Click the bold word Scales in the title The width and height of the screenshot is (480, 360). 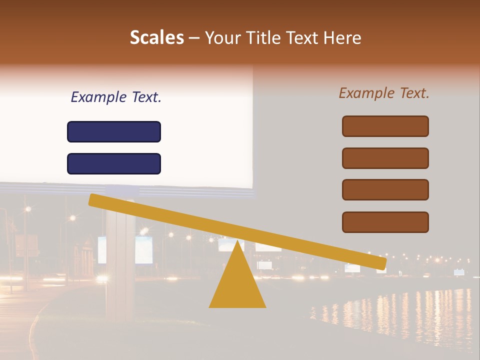(156, 37)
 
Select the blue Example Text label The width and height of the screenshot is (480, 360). (116, 97)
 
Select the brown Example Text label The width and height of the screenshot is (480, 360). (384, 93)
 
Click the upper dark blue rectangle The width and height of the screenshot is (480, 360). (114, 131)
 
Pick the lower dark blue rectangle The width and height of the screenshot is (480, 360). (114, 163)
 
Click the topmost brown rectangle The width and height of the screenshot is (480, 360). (385, 126)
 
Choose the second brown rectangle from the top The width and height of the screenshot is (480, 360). (385, 158)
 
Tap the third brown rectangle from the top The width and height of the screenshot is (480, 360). (385, 189)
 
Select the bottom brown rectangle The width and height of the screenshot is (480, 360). (385, 222)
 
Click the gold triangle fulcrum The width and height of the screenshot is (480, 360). (237, 285)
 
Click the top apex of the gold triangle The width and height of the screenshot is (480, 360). (237, 242)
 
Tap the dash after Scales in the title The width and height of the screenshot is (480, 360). (194, 38)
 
